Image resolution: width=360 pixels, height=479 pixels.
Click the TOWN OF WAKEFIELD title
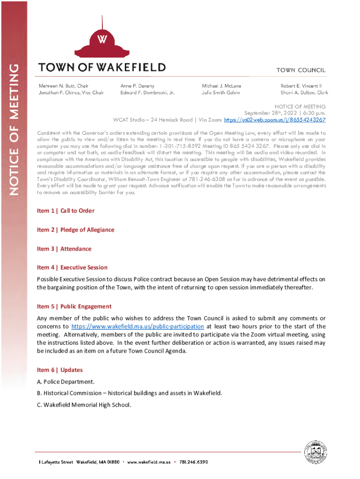coord(102,67)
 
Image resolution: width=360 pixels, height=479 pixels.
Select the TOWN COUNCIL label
coord(301,70)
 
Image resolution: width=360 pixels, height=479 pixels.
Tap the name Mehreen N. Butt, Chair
coord(63,86)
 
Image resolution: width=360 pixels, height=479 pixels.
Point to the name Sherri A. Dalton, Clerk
coord(304,93)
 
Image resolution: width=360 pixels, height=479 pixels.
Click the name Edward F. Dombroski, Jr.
coord(147,93)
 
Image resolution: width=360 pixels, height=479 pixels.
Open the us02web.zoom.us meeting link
coord(275,120)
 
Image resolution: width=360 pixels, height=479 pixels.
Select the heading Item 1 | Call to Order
coord(65,211)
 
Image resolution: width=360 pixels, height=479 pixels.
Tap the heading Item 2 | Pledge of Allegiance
coord(75,230)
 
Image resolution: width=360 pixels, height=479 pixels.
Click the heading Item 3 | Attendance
coord(64,249)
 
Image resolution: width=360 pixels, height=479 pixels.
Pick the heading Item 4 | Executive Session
coord(72,268)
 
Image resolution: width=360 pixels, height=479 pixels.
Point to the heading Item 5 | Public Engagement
coord(74,306)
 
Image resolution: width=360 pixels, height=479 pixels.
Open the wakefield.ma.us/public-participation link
coord(137,327)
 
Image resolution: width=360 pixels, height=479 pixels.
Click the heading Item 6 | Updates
coord(60,370)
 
